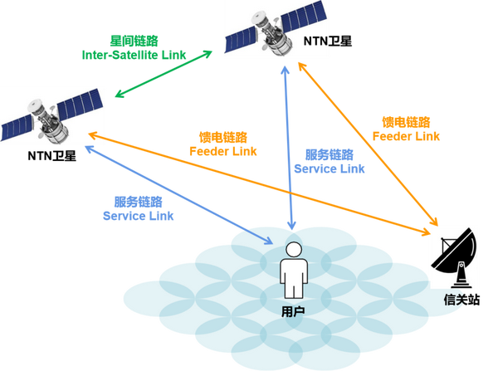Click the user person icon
tap(293, 271)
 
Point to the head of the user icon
tap(293, 250)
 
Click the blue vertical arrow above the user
tap(290, 149)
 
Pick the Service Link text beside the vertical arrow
tap(330, 162)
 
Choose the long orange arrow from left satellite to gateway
tap(266, 178)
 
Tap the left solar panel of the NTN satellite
tap(246, 36)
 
